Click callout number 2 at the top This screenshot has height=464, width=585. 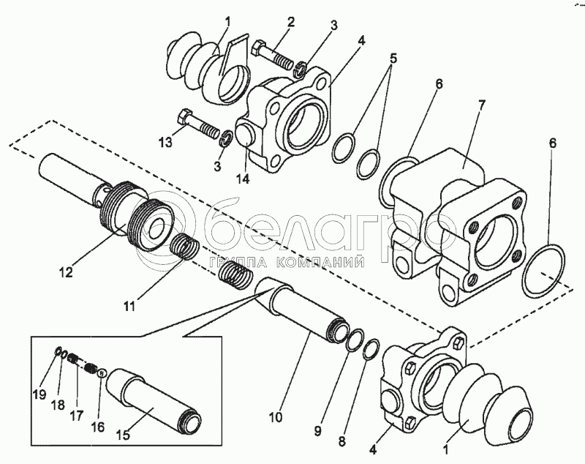click(291, 22)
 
